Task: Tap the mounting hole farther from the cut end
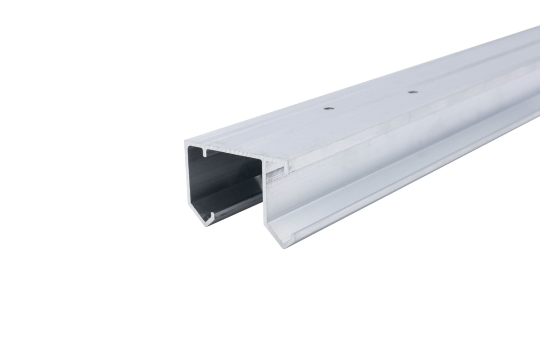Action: coord(411,92)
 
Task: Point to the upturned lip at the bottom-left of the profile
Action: coord(211,216)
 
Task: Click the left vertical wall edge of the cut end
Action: coord(187,180)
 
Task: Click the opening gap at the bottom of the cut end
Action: coord(240,230)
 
